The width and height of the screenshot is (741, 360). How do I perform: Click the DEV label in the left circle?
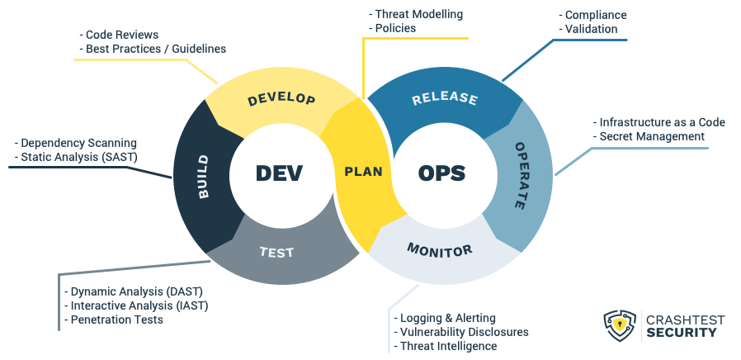[278, 173]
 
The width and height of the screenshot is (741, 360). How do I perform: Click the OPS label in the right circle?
[441, 173]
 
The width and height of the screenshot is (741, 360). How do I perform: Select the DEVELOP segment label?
[282, 100]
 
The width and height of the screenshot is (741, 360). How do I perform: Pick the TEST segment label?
[276, 252]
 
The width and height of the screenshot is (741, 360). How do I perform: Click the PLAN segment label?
[363, 172]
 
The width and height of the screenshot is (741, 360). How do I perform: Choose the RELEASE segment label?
[445, 98]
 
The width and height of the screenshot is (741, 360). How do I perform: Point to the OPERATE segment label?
[521, 176]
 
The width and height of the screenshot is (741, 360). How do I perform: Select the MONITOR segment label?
[440, 249]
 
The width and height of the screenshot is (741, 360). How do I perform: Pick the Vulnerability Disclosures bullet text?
[464, 332]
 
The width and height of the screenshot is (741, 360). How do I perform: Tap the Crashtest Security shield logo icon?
[620, 325]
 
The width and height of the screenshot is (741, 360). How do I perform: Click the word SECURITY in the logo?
[682, 332]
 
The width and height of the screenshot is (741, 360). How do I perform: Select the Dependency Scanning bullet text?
[78, 143]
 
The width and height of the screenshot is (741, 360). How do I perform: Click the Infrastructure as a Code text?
[662, 122]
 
